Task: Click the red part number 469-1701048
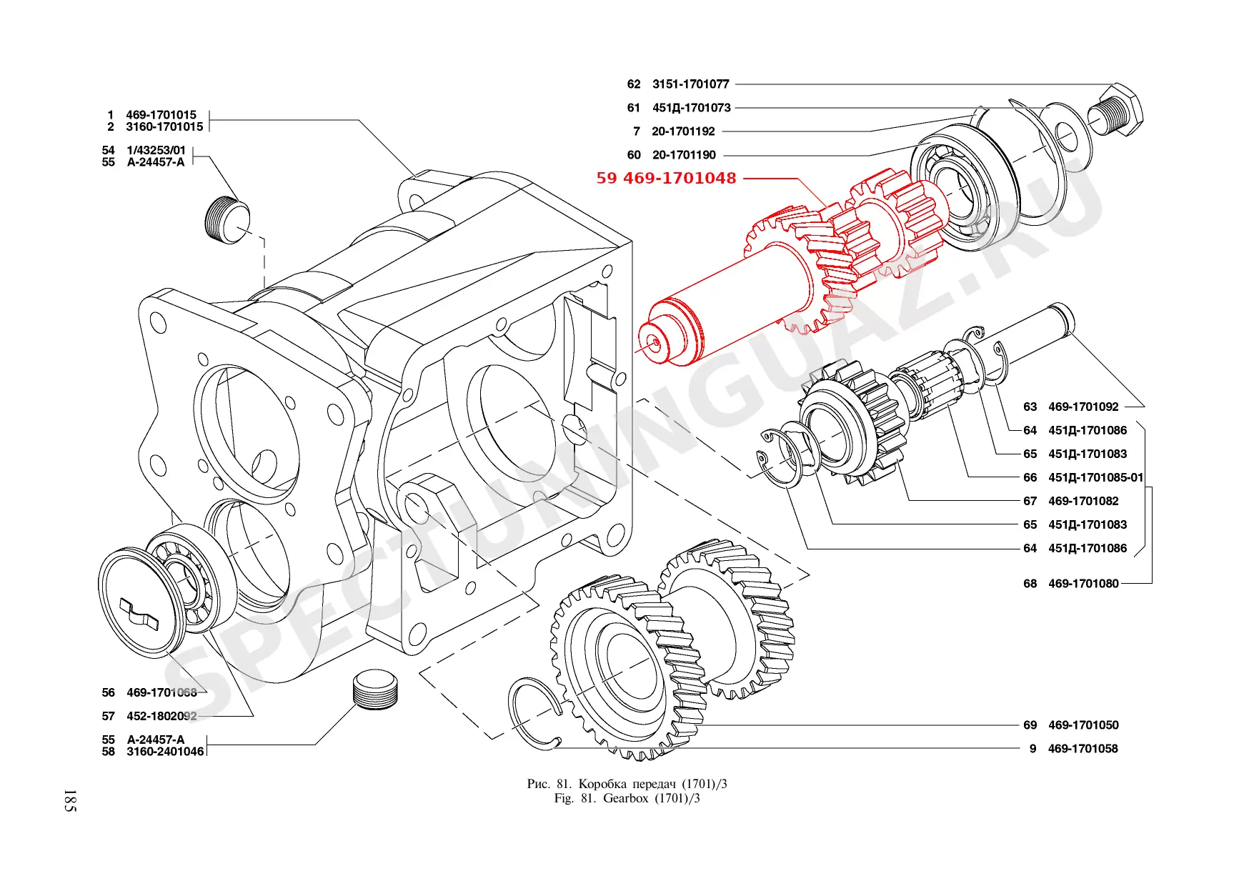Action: tap(680, 178)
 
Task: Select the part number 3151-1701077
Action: tap(690, 84)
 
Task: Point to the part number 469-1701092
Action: tap(1083, 407)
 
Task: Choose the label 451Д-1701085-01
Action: tap(1095, 478)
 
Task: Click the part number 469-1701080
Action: tap(1083, 584)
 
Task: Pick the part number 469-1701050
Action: tap(1083, 725)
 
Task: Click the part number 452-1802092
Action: tap(161, 716)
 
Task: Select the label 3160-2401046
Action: tap(165, 752)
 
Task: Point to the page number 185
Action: tap(69, 800)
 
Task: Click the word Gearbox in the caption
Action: tap(625, 799)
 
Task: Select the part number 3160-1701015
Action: tap(164, 127)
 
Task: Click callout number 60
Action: tap(634, 155)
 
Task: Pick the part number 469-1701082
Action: tap(1083, 502)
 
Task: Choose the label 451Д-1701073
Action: tap(691, 108)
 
